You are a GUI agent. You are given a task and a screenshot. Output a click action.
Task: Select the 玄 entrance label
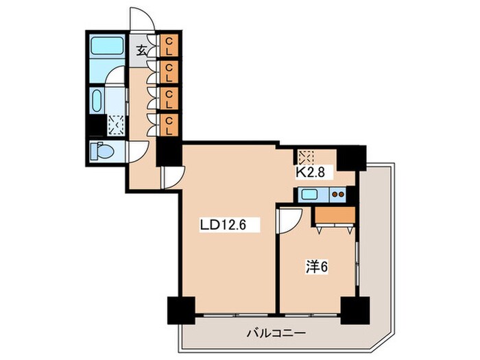[x=141, y=49]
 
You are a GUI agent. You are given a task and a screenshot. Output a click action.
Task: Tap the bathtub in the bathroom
[x=106, y=47]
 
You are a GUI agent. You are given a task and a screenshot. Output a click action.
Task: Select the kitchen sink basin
[x=309, y=195]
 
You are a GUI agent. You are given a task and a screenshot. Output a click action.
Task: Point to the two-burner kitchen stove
[x=338, y=195]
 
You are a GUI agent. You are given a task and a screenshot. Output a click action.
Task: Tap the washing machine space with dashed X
[x=115, y=125]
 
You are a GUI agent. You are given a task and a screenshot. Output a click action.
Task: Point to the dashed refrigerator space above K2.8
[x=306, y=156]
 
